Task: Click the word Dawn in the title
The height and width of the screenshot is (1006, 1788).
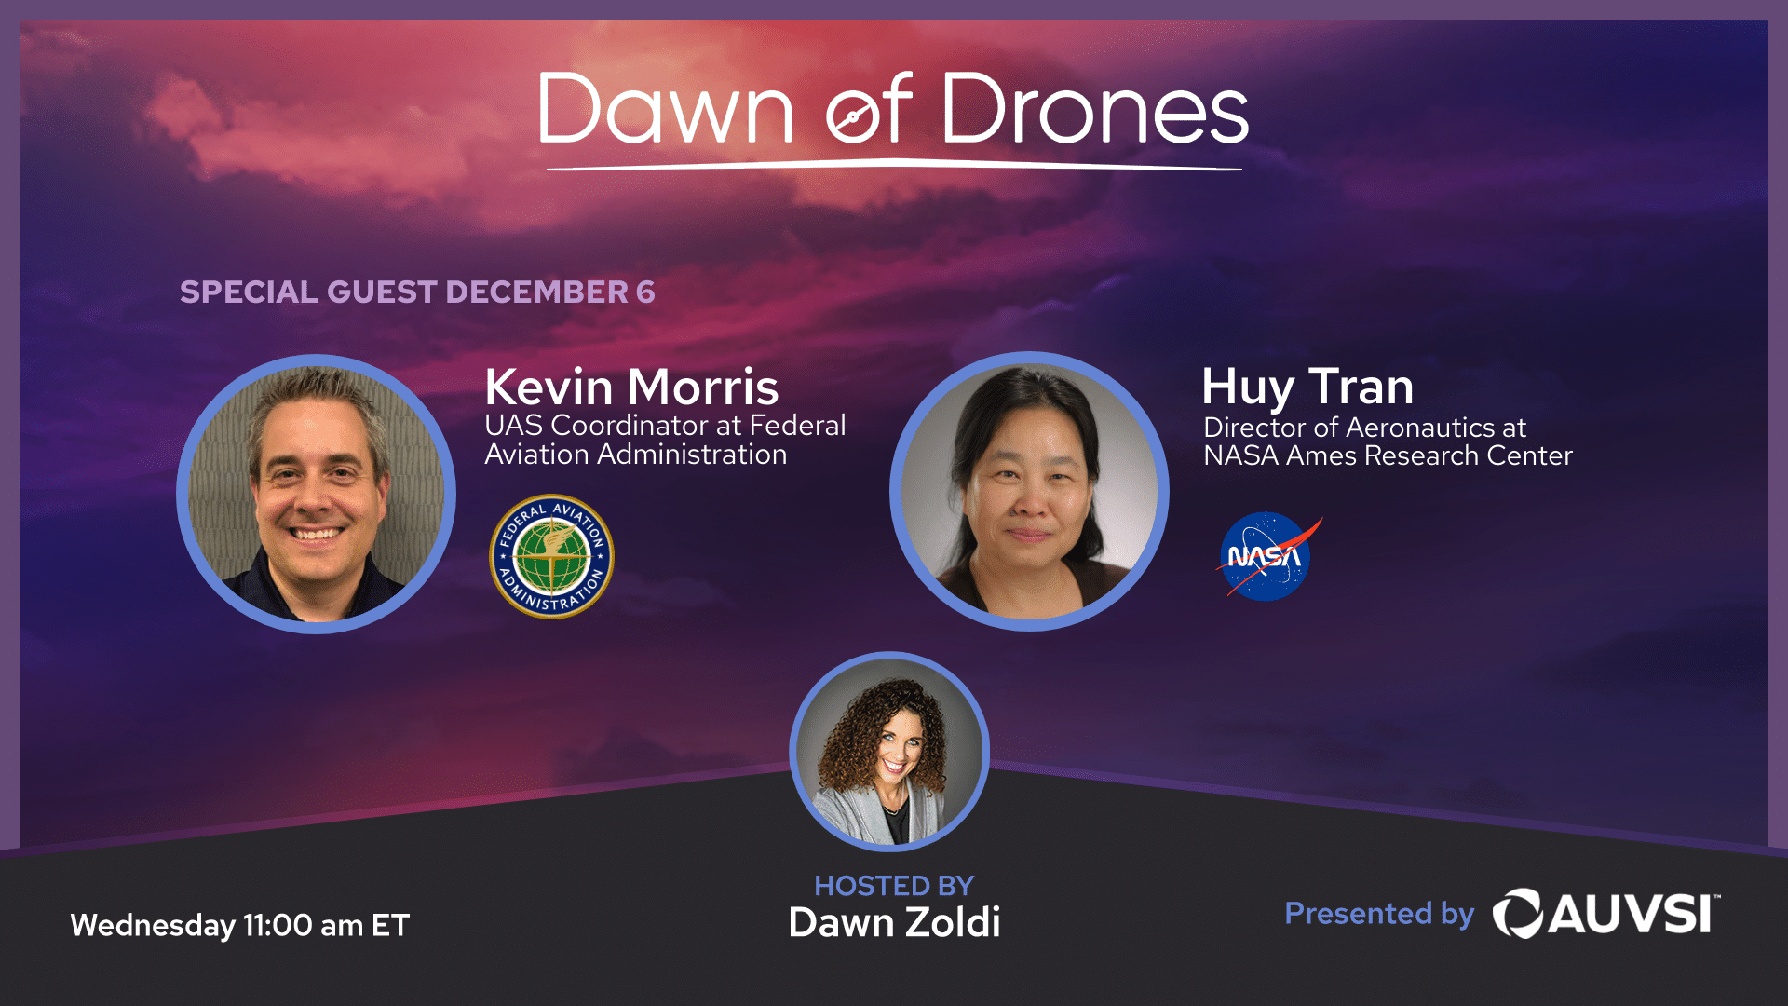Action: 666,109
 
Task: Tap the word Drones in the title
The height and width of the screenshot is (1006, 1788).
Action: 1095,109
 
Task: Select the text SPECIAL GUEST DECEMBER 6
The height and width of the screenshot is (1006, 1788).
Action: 417,292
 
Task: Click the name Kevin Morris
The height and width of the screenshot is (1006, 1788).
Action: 631,386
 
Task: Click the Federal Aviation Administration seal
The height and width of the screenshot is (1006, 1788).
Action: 552,556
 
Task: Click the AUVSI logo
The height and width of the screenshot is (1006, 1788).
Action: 1605,913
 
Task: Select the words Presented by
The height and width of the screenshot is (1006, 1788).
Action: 1379,915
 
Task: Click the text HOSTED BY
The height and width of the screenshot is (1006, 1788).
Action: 894,885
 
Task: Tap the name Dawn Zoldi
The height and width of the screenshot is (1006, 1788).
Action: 894,922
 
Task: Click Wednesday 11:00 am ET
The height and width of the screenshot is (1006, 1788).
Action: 240,925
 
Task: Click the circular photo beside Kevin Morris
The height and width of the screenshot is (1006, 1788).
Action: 316,494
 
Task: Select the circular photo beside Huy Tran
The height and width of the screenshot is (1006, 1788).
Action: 1029,491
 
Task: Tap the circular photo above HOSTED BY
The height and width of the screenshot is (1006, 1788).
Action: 889,752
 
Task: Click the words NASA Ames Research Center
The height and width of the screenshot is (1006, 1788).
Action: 1388,455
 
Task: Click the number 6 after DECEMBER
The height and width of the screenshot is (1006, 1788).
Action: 645,292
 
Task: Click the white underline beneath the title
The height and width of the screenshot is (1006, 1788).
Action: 894,165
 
